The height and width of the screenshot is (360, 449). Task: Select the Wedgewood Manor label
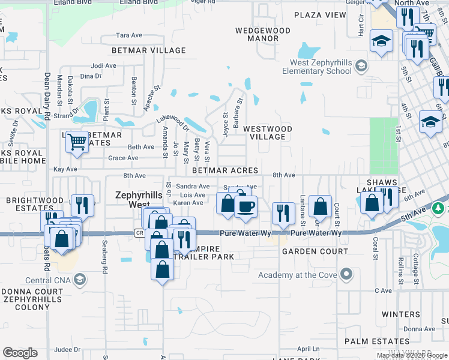pos(263,34)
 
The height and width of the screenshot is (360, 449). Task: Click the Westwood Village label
pos(268,133)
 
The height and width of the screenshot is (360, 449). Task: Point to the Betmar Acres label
pos(225,170)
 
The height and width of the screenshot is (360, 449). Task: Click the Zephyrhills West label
pos(137,199)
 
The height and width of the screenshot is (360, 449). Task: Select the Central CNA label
pos(48,280)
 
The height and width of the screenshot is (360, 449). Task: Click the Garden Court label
pos(315,251)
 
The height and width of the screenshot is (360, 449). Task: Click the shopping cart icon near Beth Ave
pos(77,142)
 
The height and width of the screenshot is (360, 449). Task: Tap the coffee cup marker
pos(245,207)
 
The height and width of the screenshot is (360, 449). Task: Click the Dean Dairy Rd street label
pos(46,96)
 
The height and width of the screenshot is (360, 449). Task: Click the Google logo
pos(20,353)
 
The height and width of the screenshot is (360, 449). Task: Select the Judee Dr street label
pos(67,349)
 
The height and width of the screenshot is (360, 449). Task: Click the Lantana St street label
pos(303,208)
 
